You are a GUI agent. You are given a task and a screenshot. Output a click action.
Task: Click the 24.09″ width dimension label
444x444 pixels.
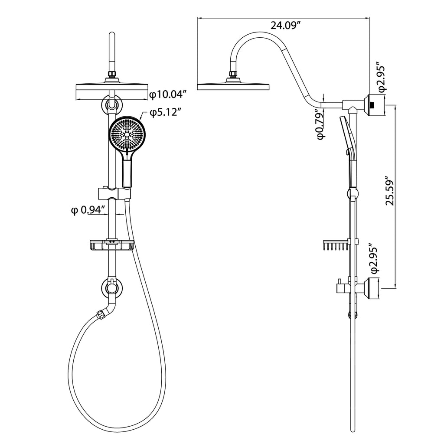[x=285, y=26]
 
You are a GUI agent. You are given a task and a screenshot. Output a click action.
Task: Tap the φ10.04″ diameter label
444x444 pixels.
[x=169, y=94]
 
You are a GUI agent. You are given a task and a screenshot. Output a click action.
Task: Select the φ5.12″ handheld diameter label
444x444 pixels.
[x=165, y=113]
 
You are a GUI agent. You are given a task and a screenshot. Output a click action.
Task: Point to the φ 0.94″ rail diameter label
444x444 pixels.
[x=88, y=210]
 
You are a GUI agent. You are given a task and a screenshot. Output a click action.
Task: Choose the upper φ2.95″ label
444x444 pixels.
[x=381, y=76]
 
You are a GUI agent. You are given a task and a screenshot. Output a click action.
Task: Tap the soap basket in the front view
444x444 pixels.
[x=111, y=245]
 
